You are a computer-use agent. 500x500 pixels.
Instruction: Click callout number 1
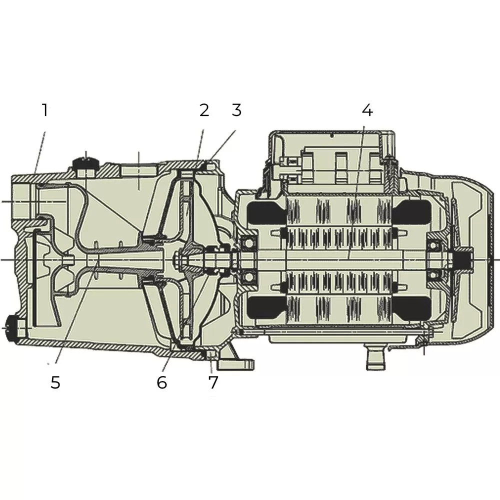tap(45, 110)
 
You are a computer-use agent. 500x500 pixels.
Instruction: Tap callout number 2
tap(204, 110)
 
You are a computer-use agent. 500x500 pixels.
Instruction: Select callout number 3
tap(236, 110)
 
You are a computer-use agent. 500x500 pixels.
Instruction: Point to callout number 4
tap(367, 109)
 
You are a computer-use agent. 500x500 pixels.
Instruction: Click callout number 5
tap(55, 382)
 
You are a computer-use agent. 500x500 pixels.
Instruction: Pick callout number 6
tap(161, 382)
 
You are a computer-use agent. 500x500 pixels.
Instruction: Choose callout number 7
tap(213, 382)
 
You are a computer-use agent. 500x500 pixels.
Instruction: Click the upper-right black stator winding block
tap(411, 212)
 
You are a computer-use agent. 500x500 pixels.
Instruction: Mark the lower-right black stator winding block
tap(411, 307)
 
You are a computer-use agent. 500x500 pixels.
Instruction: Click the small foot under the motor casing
tap(376, 358)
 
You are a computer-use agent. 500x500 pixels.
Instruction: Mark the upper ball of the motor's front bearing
tap(247, 243)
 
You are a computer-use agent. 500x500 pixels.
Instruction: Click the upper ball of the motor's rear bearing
tap(434, 245)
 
